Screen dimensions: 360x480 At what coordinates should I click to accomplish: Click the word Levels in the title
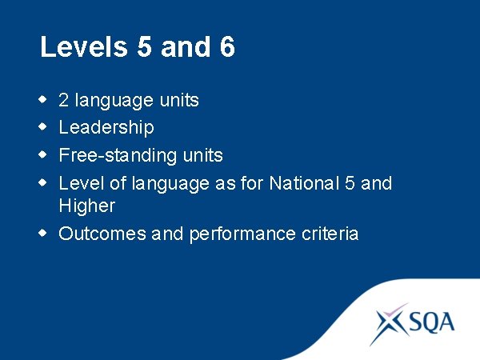click(77, 47)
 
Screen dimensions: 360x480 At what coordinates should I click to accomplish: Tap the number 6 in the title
click(226, 47)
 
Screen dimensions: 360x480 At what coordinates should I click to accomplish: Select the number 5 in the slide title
click(144, 47)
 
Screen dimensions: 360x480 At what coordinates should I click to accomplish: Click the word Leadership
click(106, 127)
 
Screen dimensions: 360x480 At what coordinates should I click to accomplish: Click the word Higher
click(87, 206)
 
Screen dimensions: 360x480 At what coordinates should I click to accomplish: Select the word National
click(305, 182)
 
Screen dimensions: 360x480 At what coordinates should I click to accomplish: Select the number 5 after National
click(350, 182)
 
